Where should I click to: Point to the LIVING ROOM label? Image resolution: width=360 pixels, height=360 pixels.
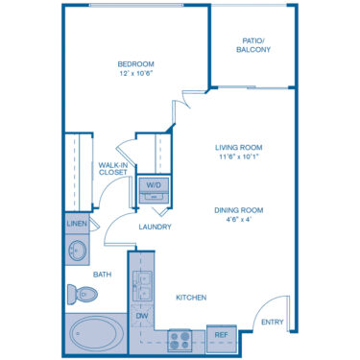pos(238,147)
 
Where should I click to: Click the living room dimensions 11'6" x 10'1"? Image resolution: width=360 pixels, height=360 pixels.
pos(238,156)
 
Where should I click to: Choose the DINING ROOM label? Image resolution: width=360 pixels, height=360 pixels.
pos(238,209)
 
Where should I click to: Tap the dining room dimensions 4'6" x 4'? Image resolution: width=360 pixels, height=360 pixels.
pos(238,219)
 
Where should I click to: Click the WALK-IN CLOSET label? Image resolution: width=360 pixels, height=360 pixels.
pos(114,170)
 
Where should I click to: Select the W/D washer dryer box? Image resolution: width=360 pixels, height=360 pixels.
pos(154,184)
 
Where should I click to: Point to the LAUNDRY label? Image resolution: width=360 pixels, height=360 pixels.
pos(155,228)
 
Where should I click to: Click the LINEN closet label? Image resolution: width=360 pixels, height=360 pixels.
pos(77,224)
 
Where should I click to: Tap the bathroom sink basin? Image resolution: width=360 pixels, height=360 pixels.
pos(77,252)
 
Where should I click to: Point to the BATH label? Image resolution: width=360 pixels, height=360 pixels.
pos(103,275)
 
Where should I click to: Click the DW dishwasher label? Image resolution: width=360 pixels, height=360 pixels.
pos(141,315)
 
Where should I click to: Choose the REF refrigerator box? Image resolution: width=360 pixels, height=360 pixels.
pos(221,336)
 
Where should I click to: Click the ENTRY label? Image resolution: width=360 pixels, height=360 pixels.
pos(273,323)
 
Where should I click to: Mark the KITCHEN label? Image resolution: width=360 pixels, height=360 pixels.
pos(191,298)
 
